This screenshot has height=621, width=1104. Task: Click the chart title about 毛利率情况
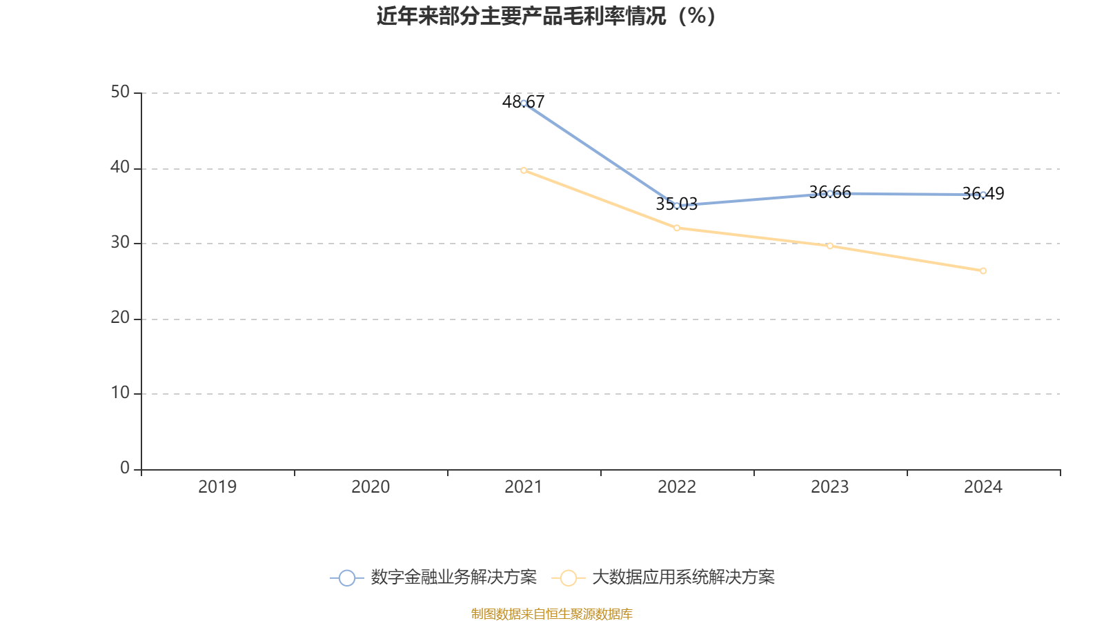point(546,17)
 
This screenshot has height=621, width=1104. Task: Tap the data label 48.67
point(523,102)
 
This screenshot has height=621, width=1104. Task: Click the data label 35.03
point(676,204)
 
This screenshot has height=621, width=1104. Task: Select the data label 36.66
point(829,193)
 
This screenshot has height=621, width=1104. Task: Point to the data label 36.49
point(983,194)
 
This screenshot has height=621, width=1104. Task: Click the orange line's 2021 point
point(524,170)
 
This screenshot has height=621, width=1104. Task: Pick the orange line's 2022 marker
point(677,228)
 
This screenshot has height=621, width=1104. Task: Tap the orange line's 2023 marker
point(830,246)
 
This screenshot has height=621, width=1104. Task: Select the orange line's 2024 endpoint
point(983,270)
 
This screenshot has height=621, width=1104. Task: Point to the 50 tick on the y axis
point(120,92)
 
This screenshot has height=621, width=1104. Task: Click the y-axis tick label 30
point(120,242)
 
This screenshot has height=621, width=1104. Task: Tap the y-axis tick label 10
point(120,393)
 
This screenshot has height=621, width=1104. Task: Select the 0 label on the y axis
point(125,468)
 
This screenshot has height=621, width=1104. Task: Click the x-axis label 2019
point(217,487)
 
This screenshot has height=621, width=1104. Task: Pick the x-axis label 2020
point(371,487)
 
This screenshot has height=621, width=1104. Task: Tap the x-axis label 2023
point(829,487)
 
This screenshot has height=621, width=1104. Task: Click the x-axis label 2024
point(983,487)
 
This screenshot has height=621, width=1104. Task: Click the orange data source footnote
point(551,613)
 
